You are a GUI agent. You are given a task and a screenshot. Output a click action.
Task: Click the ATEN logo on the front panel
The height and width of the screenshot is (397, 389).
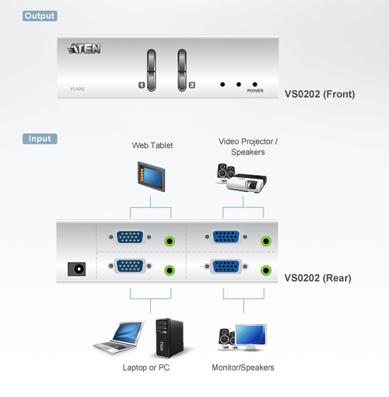pos(84,48)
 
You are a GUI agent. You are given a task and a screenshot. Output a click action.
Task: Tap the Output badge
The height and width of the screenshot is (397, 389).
pos(40,16)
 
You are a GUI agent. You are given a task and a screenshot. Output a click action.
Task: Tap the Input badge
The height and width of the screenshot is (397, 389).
pos(40,138)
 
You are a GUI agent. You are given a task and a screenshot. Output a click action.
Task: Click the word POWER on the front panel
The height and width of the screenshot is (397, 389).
pos(255,91)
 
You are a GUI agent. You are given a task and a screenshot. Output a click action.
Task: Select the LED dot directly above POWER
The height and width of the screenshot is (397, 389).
pos(255,85)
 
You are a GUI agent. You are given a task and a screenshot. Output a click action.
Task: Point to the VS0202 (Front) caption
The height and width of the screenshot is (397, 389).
pos(320,94)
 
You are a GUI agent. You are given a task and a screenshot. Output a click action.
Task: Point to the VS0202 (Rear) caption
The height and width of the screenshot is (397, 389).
pos(317,278)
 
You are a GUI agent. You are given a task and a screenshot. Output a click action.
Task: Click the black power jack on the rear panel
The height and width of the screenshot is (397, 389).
pos(77,269)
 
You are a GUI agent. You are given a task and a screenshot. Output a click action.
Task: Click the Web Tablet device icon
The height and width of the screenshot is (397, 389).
pos(151,176)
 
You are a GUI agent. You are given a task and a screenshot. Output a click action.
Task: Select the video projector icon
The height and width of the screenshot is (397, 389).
pos(247,183)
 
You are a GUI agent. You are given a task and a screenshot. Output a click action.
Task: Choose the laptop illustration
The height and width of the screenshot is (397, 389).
pos(118,337)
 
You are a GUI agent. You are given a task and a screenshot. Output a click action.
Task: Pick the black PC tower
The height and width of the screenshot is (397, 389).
pos(170,338)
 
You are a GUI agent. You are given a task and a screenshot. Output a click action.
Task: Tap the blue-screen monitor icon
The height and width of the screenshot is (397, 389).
pos(251,337)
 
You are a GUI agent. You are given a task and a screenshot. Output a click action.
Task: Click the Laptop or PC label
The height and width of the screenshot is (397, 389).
pos(146,367)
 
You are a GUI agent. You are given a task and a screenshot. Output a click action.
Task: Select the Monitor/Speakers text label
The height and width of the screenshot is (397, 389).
pos(243,367)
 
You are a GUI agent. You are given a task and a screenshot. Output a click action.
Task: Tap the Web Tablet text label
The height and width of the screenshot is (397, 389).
pos(152,145)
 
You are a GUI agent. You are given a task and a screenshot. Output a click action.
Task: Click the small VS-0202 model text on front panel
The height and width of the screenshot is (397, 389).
pos(77,89)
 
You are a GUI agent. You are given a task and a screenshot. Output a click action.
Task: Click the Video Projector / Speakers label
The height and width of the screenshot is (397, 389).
pos(248,147)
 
